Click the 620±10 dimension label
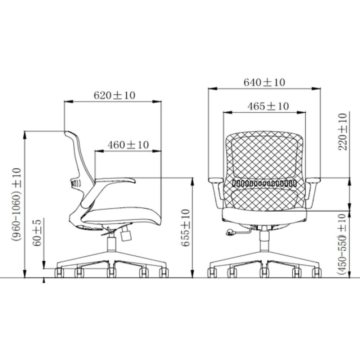[x=114, y=95]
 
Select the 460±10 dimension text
[x=128, y=145]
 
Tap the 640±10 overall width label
[x=264, y=82]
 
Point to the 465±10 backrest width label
[x=268, y=106]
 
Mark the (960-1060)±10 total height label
[x=16, y=204]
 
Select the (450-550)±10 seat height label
[x=342, y=244]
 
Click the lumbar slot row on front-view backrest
[x=264, y=183]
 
